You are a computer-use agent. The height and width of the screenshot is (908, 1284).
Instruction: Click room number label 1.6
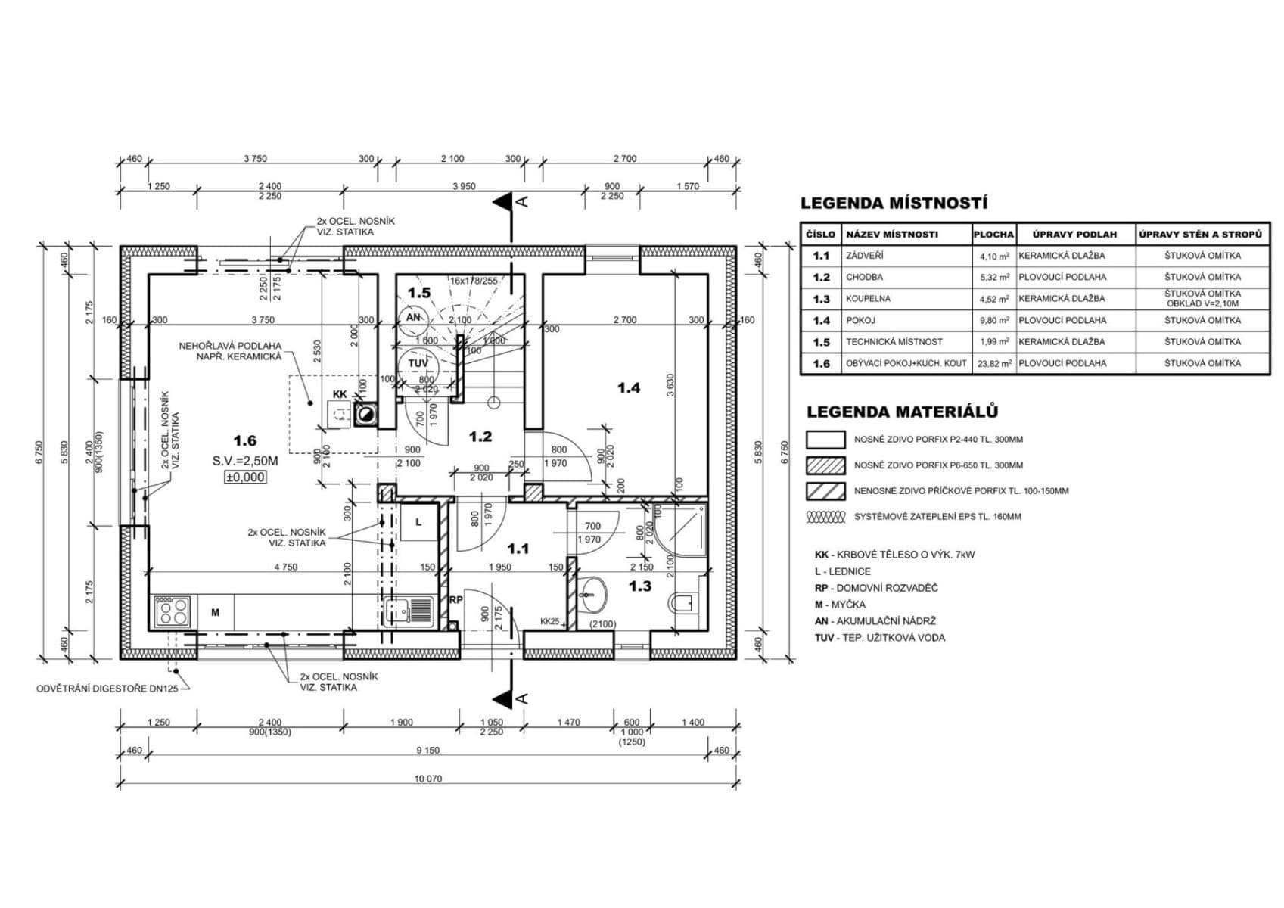point(244,440)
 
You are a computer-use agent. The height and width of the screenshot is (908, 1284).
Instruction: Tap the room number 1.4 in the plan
point(628,388)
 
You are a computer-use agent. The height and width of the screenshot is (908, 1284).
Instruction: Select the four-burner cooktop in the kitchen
point(171,611)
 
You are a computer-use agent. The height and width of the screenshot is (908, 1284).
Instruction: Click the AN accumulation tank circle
point(415,318)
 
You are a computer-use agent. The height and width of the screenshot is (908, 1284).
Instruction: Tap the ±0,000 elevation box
point(244,477)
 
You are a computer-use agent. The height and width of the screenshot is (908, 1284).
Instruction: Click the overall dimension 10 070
point(428,779)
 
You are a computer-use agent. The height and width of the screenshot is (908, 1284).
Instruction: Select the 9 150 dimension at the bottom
point(428,751)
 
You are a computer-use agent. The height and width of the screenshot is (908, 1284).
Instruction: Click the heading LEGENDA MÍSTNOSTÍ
point(894,204)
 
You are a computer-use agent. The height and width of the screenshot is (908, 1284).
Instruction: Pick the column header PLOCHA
point(993,235)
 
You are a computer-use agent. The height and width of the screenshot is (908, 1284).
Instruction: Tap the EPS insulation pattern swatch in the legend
point(825,518)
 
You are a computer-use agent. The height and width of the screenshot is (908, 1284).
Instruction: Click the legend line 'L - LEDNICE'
point(842,571)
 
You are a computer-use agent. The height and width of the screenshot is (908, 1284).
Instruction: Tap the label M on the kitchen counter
point(215,613)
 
